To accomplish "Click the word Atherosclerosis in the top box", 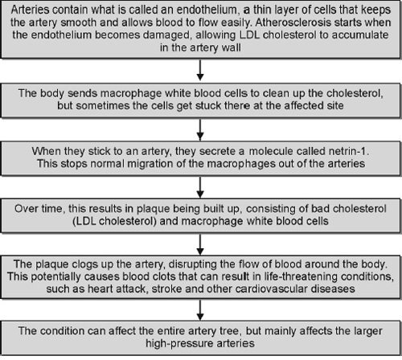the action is [x=293, y=22].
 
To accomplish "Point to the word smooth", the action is [x=78, y=22].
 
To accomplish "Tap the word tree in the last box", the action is [x=232, y=331].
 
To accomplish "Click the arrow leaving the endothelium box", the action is [x=200, y=70].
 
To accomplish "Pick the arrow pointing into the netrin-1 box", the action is [x=200, y=129].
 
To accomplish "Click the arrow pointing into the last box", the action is [x=200, y=310].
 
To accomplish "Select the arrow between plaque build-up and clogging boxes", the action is [x=200, y=244].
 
